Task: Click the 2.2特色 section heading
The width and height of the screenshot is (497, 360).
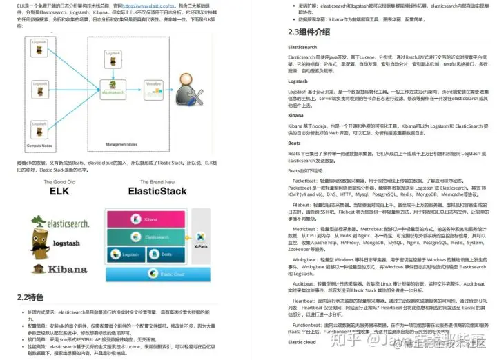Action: click(30, 297)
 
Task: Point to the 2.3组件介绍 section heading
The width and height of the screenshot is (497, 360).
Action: click(309, 32)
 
